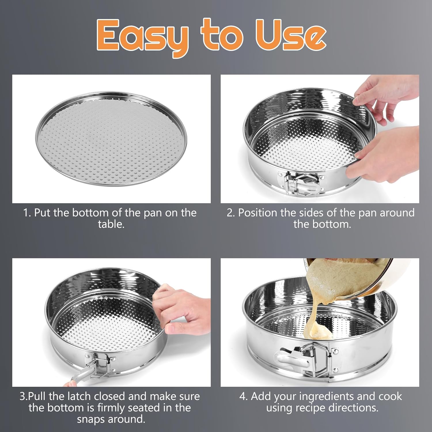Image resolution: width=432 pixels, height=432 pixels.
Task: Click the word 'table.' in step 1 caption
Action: tap(111, 224)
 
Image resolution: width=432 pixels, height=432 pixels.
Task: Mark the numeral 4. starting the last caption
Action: tap(243, 397)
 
